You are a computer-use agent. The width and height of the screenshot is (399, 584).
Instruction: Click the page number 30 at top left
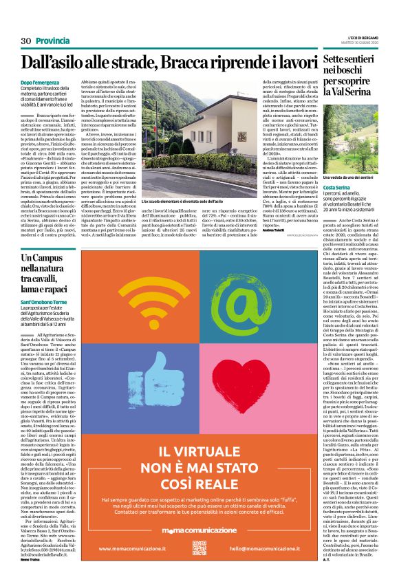pyautogui.click(x=26, y=41)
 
